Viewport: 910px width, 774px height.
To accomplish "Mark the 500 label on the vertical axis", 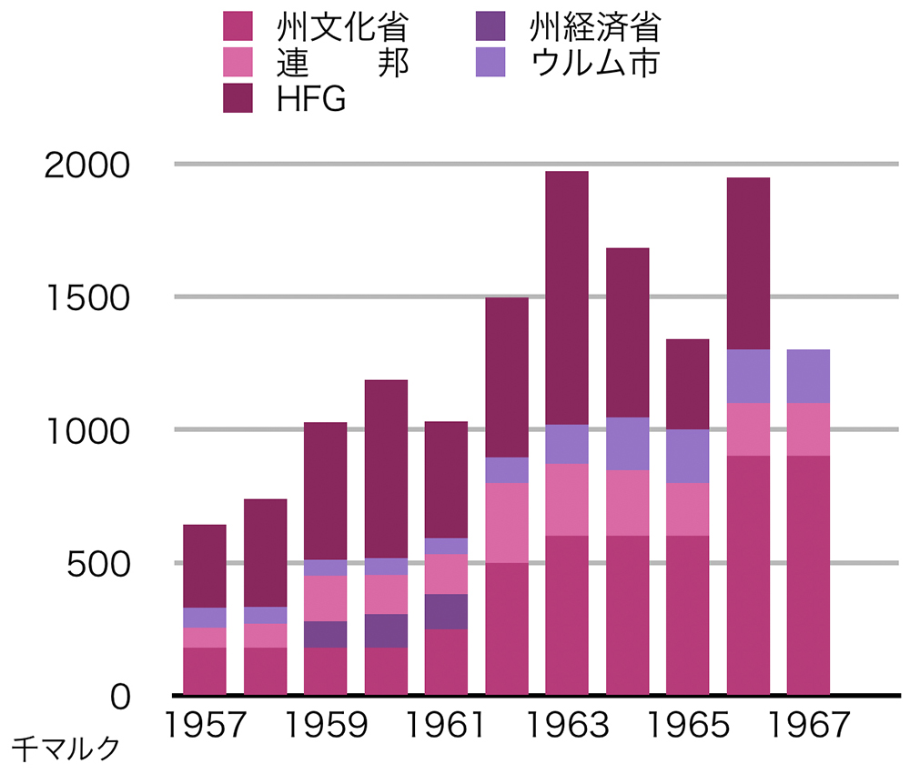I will click(100, 564).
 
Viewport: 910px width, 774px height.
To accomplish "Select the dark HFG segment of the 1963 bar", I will click(566, 297).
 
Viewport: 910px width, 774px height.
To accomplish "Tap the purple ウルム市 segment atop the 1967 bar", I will click(808, 376).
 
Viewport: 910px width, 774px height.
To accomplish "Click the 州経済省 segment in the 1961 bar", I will click(446, 611).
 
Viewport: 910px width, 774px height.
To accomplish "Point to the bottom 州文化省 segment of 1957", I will click(204, 671).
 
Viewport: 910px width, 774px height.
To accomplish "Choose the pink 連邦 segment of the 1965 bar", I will click(687, 509).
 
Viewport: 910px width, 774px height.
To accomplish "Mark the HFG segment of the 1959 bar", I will click(325, 491).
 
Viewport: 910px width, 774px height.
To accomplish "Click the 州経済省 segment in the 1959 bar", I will click(325, 634).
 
